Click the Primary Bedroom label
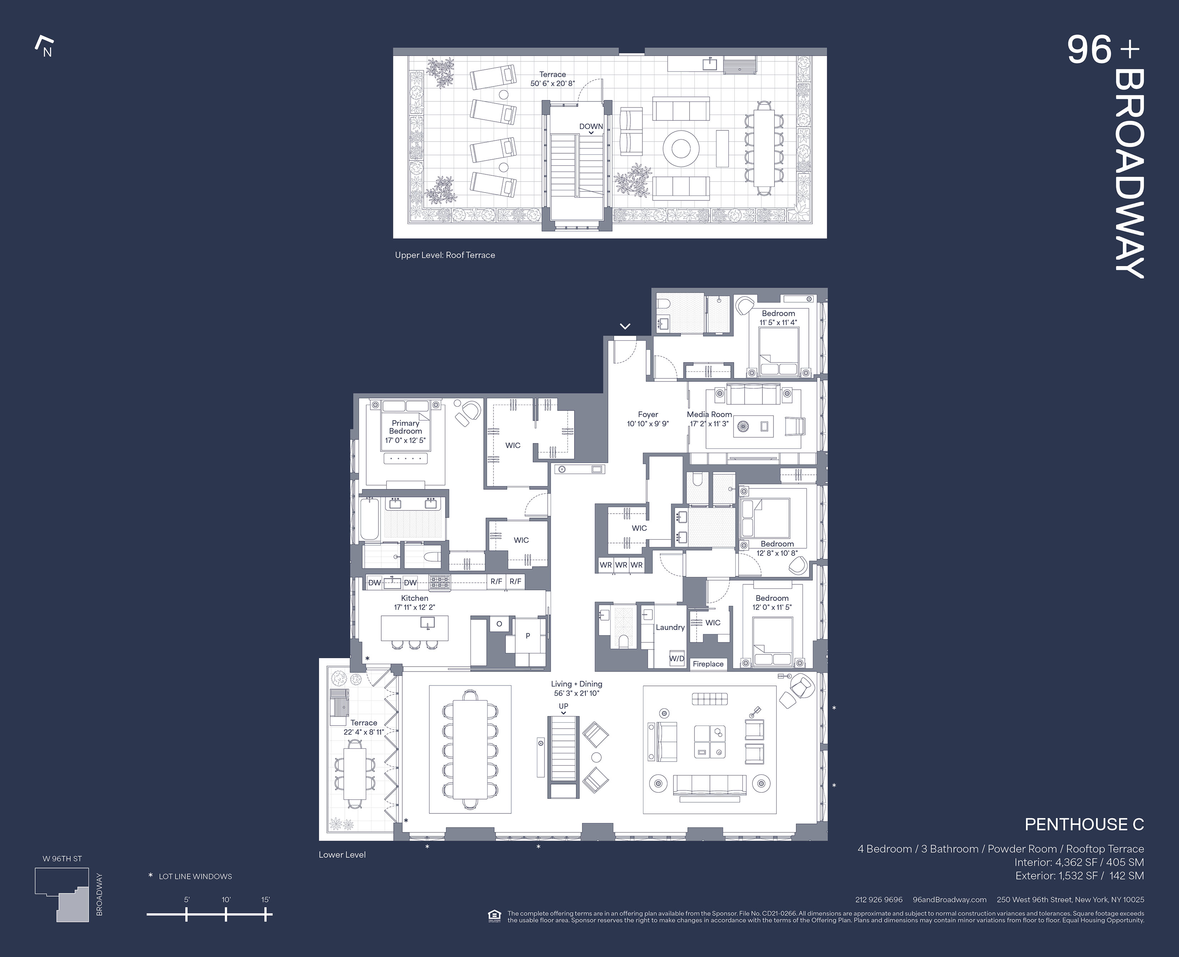pyautogui.click(x=405, y=427)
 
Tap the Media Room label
pyautogui.click(x=710, y=414)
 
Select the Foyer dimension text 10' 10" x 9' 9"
pyautogui.click(x=648, y=424)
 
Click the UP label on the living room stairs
pyautogui.click(x=563, y=706)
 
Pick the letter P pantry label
pyautogui.click(x=527, y=635)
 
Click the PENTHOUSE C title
pyautogui.click(x=1084, y=825)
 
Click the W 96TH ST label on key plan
pyautogui.click(x=62, y=859)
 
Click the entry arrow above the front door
pyautogui.click(x=625, y=327)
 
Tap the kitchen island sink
pyautogui.click(x=427, y=623)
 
